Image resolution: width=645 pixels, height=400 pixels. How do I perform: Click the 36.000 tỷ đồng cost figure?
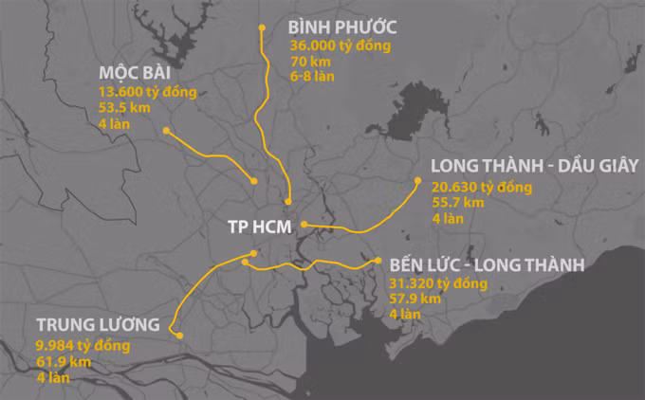point(341,45)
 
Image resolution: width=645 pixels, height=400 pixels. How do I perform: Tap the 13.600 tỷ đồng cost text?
point(147,92)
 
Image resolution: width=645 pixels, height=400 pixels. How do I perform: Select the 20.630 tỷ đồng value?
point(481,187)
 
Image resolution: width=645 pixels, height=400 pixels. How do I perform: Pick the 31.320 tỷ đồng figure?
point(437,283)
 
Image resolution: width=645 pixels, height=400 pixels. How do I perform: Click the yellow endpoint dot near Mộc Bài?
point(166,131)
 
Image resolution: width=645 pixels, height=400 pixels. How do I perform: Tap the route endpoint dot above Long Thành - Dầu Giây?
point(415,180)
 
